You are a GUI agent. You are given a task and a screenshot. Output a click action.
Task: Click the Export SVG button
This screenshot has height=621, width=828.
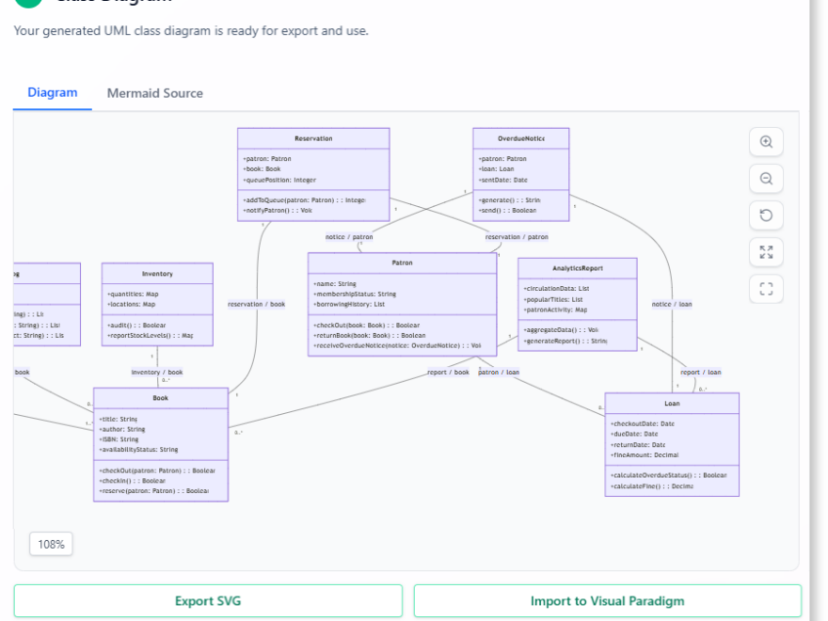click(x=208, y=601)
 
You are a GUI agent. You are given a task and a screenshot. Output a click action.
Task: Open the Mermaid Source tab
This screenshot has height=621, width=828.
click(x=154, y=93)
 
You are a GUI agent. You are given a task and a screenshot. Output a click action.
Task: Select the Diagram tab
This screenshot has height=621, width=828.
click(x=53, y=92)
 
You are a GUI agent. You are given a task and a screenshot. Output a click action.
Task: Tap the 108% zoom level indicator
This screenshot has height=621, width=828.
click(x=51, y=544)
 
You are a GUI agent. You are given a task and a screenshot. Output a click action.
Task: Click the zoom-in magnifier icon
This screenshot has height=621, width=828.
click(x=766, y=142)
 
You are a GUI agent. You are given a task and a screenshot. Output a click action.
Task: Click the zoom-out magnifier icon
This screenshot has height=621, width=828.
click(x=766, y=179)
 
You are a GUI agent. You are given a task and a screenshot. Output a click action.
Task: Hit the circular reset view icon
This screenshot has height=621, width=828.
click(x=766, y=215)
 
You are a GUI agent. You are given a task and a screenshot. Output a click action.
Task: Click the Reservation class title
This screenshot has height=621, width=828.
click(x=313, y=138)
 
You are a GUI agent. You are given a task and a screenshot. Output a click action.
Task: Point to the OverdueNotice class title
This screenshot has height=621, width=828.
click(x=521, y=138)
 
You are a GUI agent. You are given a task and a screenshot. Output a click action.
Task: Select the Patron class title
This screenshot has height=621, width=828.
click(x=402, y=263)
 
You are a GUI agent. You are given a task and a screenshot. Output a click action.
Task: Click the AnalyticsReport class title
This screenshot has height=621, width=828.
click(x=577, y=268)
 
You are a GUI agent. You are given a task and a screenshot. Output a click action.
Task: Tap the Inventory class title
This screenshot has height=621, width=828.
click(x=157, y=274)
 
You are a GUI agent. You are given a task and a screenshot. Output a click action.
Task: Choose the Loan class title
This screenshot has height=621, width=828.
click(x=672, y=404)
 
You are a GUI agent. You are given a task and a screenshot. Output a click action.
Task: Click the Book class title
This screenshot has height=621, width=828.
click(x=161, y=398)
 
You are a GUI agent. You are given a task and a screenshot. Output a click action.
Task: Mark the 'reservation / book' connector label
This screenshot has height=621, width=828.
click(x=256, y=304)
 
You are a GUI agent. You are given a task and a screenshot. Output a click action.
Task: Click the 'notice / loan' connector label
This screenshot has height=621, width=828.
click(x=672, y=304)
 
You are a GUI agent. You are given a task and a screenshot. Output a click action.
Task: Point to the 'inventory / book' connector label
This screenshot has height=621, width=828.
click(x=157, y=373)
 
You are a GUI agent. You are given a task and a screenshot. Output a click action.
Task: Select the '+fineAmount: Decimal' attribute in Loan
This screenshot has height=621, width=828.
click(x=645, y=454)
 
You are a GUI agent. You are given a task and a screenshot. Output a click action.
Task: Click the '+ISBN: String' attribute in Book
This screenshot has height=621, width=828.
click(x=119, y=439)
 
